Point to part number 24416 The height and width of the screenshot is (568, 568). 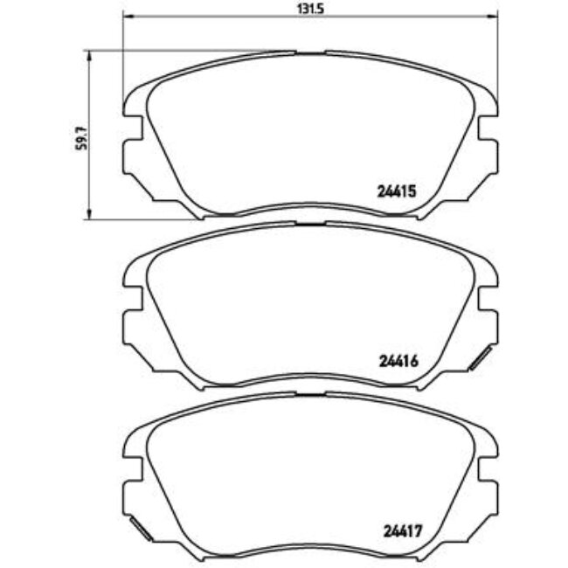click(398, 359)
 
